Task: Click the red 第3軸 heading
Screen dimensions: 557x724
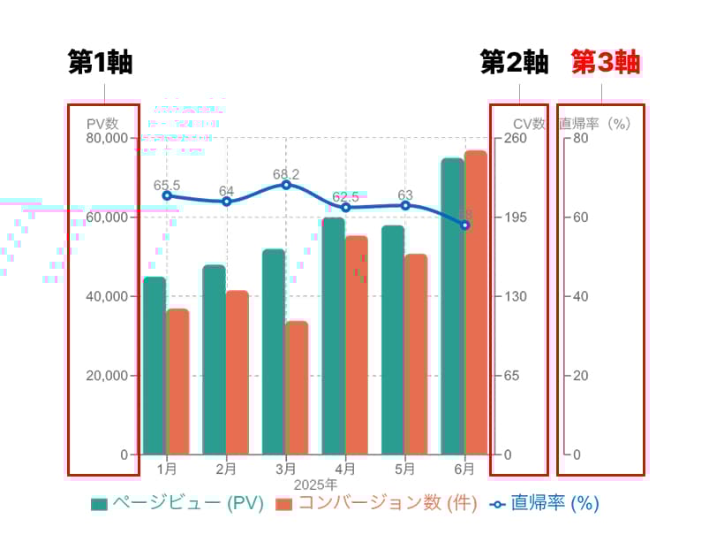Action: (x=606, y=63)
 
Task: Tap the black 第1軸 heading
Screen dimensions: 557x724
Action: (x=101, y=63)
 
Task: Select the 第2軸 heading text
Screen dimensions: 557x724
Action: (x=514, y=63)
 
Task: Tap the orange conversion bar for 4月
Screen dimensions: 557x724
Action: (x=357, y=345)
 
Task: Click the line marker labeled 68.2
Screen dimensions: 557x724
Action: (x=286, y=185)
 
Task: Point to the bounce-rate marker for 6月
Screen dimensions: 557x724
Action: (x=465, y=225)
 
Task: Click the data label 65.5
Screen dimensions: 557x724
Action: (x=167, y=185)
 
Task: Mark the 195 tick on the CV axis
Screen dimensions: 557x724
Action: (x=515, y=217)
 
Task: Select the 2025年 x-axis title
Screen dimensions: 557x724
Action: (x=315, y=485)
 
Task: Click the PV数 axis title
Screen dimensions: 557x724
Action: (x=102, y=124)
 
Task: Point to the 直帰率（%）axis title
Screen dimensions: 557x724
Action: (x=595, y=124)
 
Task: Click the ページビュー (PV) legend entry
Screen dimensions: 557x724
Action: (x=177, y=504)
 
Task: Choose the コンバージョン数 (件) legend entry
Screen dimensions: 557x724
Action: (x=376, y=504)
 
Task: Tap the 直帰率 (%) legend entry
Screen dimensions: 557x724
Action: (x=545, y=504)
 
